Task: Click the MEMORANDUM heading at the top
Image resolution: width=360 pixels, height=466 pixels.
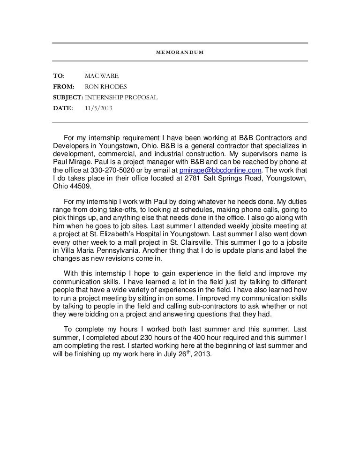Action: click(180, 52)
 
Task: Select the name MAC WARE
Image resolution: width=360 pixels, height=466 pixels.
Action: click(101, 75)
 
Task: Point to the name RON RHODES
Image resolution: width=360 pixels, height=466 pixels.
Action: click(105, 86)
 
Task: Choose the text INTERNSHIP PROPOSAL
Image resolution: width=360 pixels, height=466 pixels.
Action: click(121, 98)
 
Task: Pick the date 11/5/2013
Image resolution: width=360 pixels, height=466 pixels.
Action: click(98, 108)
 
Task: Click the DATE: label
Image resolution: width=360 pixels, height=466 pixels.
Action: click(63, 108)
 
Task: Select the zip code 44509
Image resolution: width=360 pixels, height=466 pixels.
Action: click(80, 187)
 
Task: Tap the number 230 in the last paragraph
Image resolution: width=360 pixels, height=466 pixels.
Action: click(154, 338)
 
